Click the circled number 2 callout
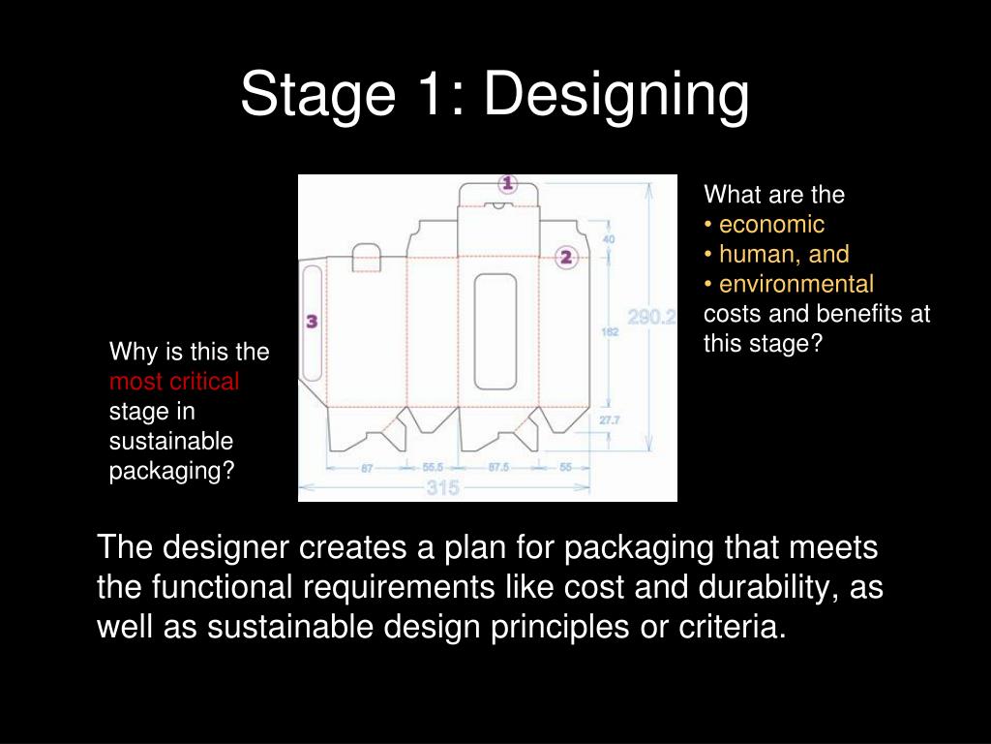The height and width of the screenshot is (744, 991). [567, 257]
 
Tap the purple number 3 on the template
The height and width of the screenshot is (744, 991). [312, 322]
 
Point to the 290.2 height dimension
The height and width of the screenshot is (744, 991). [651, 318]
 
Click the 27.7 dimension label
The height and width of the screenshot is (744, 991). [610, 420]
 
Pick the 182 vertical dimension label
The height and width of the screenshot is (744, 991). [611, 332]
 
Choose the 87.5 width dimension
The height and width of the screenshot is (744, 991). [498, 467]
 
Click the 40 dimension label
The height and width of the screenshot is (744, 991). [609, 238]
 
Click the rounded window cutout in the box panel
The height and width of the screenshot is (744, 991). [495, 330]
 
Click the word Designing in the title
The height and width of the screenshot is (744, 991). [616, 95]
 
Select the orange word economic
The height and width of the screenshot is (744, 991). [771, 225]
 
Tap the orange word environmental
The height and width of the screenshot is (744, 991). [796, 285]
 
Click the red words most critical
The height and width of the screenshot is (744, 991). [174, 382]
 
